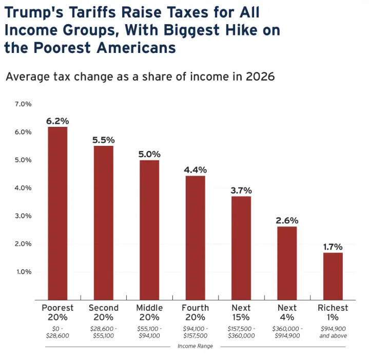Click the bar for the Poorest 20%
point(57,213)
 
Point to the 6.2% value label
point(57,121)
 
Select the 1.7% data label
point(333,247)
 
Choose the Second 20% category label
point(103,312)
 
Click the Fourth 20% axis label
point(195,312)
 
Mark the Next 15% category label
point(241,312)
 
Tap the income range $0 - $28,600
point(57,332)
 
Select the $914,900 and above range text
point(333,332)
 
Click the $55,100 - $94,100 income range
point(149,332)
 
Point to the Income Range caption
point(195,346)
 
